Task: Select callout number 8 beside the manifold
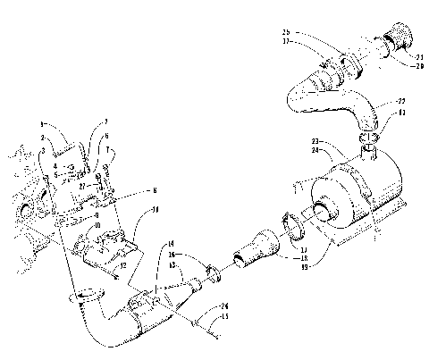tap(156, 192)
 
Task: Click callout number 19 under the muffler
tap(306, 265)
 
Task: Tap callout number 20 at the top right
tap(420, 66)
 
